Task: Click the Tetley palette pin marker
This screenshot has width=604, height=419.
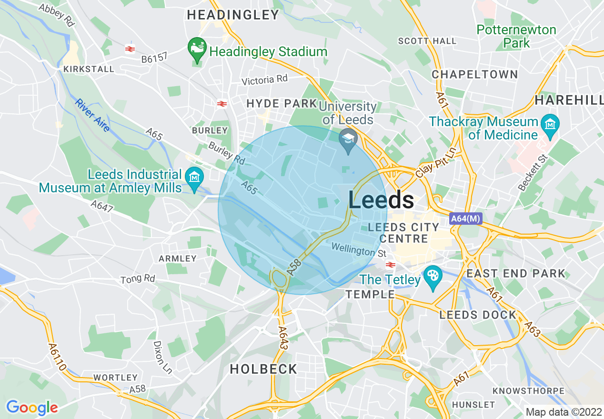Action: [x=433, y=278]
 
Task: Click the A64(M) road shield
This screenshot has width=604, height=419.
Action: [x=465, y=219]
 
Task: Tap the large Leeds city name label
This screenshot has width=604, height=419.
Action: [x=381, y=200]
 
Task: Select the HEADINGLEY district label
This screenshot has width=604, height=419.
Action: [x=232, y=15]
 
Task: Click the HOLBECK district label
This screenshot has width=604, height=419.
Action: [x=263, y=369]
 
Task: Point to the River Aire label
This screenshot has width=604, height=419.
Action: [x=92, y=115]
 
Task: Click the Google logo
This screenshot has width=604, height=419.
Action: [x=32, y=408]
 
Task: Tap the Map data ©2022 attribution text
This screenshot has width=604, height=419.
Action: [x=563, y=411]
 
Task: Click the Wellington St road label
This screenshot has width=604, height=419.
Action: [x=359, y=249]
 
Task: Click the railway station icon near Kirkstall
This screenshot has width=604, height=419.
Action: [x=130, y=49]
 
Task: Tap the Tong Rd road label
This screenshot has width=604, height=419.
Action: [x=138, y=279]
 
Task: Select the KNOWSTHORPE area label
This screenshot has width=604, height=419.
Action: [x=528, y=391]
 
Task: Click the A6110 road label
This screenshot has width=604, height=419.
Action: [x=57, y=358]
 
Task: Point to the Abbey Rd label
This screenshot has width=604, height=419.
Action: [x=57, y=14]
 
